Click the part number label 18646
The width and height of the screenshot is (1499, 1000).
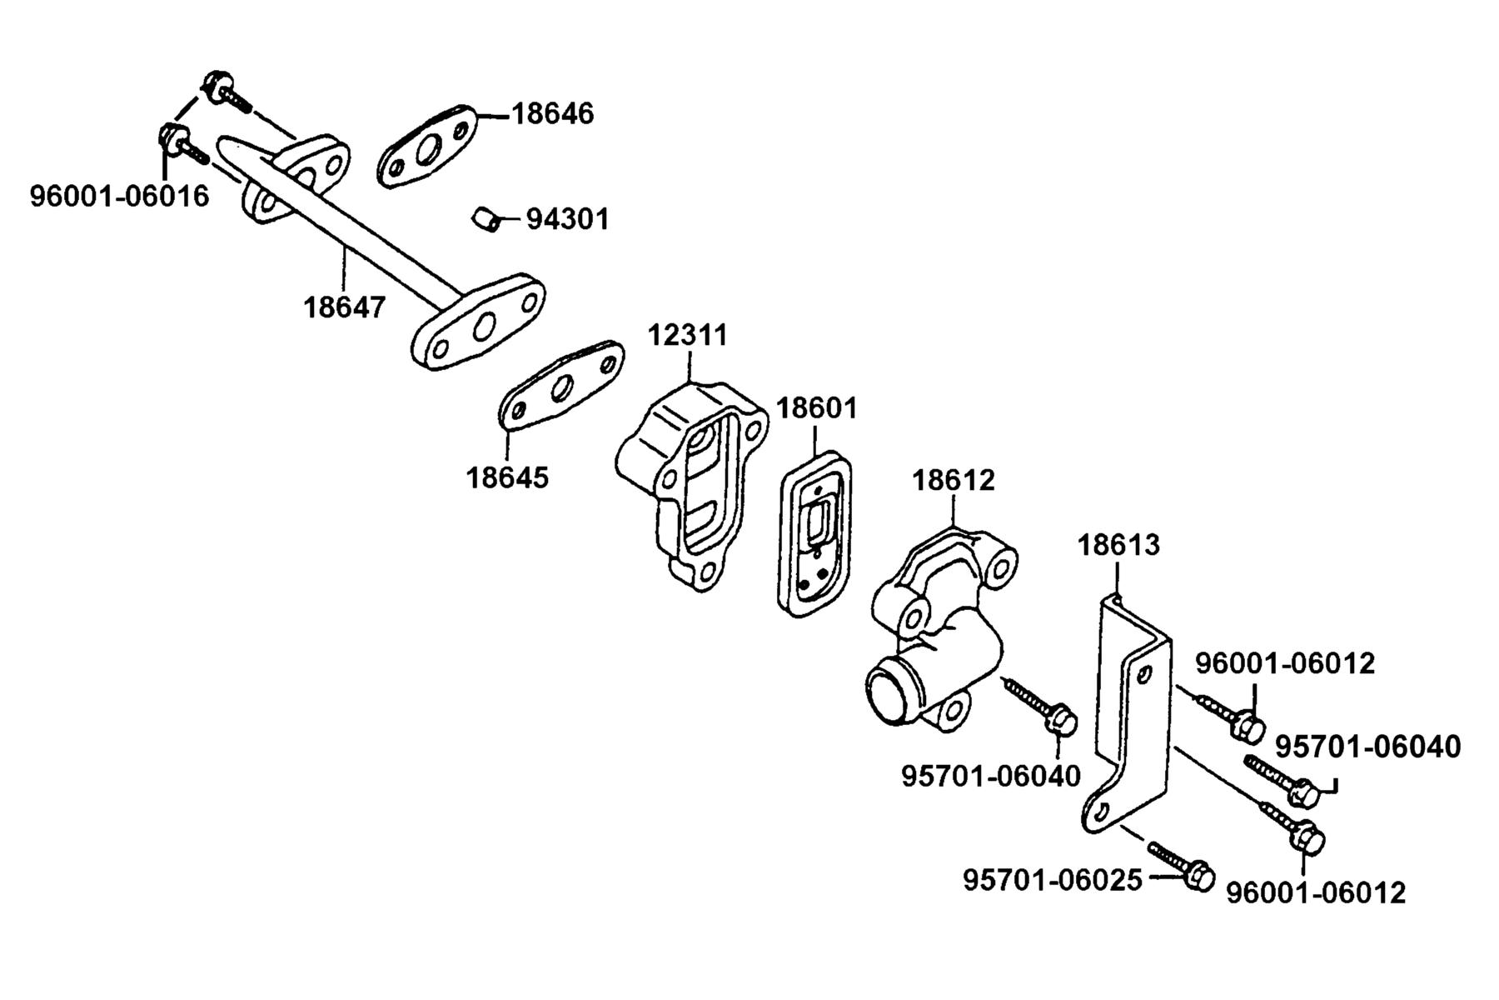point(552,113)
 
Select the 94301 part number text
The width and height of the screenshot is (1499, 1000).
point(568,219)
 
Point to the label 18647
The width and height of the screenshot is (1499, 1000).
point(345,307)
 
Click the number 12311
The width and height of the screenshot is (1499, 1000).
point(688,335)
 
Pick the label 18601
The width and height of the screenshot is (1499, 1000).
point(817,408)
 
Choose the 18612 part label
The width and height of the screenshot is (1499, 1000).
point(954,481)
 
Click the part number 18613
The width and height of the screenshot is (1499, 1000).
point(1118,545)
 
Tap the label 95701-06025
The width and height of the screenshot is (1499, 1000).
point(1053,880)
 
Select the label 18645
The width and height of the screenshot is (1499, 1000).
point(507,477)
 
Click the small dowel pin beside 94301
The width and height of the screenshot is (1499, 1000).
point(485,219)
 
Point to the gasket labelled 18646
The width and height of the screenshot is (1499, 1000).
point(428,147)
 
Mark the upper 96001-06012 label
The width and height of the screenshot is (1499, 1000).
point(1285,663)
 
